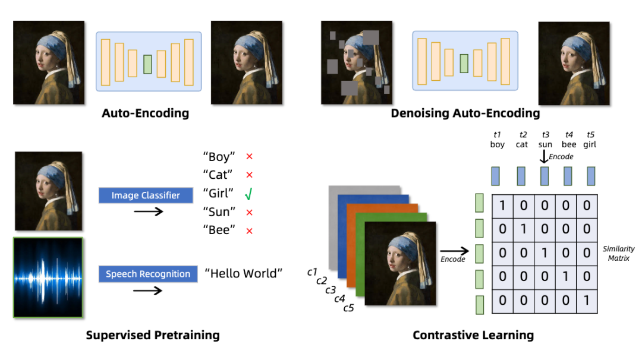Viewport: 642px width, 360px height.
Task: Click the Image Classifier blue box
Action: [x=146, y=195]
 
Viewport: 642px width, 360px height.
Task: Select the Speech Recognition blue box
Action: [x=148, y=274]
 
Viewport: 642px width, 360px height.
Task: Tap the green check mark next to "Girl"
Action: [x=248, y=194]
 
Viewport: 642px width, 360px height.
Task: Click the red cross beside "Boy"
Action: [x=250, y=157]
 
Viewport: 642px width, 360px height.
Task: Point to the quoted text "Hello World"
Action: [x=244, y=273]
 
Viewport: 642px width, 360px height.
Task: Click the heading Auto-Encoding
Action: [x=145, y=113]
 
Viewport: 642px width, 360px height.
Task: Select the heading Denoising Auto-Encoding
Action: [x=465, y=113]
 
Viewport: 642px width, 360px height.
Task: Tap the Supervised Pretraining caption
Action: [x=153, y=335]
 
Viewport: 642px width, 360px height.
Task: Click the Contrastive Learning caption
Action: [x=473, y=336]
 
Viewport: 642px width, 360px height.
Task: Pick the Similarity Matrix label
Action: [x=618, y=254]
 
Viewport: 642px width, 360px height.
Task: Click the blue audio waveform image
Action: [x=48, y=277]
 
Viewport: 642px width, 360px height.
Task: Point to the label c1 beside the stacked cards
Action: [x=312, y=272]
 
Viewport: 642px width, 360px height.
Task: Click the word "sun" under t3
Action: [x=545, y=144]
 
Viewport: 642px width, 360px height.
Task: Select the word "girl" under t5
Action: [x=590, y=144]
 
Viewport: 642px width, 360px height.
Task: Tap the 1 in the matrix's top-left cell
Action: [x=502, y=205]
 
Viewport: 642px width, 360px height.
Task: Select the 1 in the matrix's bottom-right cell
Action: [x=587, y=301]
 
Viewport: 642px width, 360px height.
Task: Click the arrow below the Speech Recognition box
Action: [x=148, y=290]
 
